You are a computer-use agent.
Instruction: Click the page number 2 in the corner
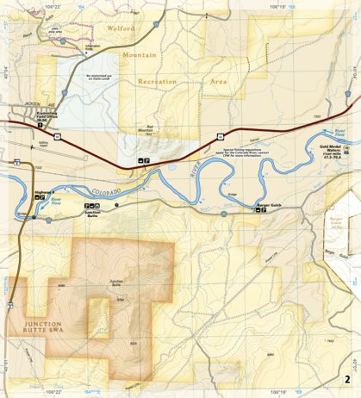click(x=347, y=380)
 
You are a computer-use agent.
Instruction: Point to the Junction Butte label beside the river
click(x=92, y=212)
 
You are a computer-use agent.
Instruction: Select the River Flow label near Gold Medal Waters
click(x=332, y=134)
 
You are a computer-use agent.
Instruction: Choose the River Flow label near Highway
click(x=57, y=199)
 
